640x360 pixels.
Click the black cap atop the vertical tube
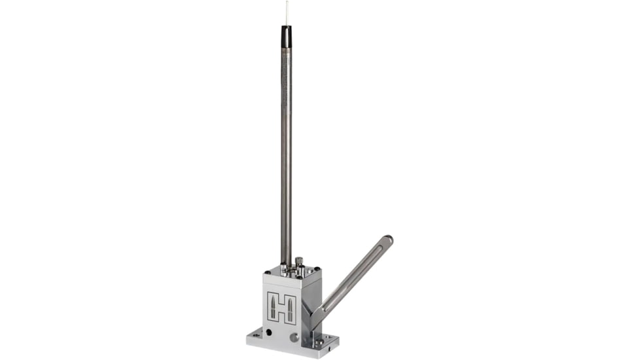click(x=286, y=37)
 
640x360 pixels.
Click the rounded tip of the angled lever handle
click(x=389, y=240)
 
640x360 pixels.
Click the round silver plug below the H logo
click(x=294, y=338)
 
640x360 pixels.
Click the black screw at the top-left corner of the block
click(x=268, y=271)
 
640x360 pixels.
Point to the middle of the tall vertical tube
click(x=286, y=151)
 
